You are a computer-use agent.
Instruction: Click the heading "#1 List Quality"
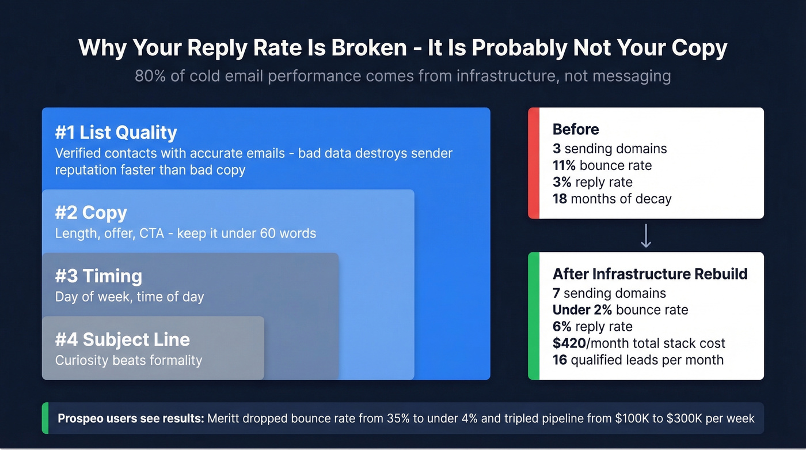(116, 133)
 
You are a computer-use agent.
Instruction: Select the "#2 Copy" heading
(91, 213)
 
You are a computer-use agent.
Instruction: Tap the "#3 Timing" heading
(98, 276)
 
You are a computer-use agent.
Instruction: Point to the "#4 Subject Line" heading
(122, 339)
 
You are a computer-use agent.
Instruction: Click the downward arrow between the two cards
(646, 236)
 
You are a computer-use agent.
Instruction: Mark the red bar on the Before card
(533, 163)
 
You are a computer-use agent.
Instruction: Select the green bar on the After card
(533, 316)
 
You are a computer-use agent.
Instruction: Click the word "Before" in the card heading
(576, 129)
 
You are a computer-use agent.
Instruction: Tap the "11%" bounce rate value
(564, 165)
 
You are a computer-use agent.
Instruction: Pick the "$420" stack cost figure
(571, 343)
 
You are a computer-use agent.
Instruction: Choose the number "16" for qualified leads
(560, 360)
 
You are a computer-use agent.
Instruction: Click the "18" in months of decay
(560, 199)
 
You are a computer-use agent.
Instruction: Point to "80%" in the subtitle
(151, 76)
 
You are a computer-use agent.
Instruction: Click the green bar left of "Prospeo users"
(45, 418)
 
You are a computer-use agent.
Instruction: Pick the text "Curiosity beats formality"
(128, 361)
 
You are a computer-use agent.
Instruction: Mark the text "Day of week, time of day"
(130, 297)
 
